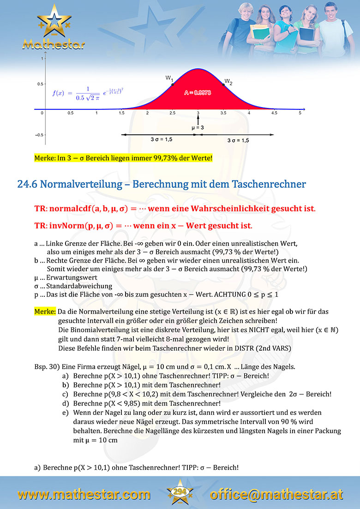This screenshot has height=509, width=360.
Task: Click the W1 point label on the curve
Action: [169, 78]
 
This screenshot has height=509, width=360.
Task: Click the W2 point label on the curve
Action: [228, 82]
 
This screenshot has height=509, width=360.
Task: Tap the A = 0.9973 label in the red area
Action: [198, 93]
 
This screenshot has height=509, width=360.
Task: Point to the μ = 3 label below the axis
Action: [198, 127]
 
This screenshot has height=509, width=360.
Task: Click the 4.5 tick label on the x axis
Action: [274, 113]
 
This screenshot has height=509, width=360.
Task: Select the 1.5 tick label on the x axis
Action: [122, 113]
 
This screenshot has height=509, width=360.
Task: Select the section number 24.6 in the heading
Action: [27, 184]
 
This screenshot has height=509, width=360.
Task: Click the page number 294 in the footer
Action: [180, 492]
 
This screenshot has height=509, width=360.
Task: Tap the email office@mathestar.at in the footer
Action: [276, 494]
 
